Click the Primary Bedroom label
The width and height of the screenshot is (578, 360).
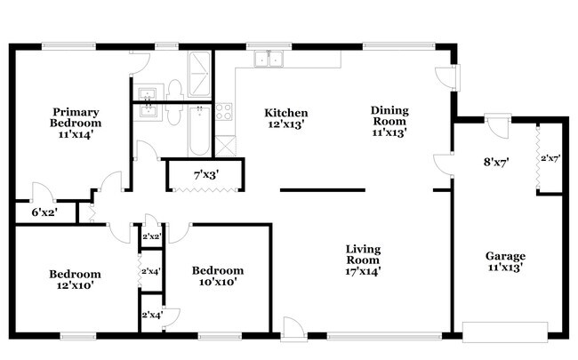pos(76,123)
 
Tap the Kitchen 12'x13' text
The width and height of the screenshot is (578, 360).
pos(286,118)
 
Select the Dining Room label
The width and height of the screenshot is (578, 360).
pos(389,121)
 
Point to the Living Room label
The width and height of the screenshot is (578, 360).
pos(363,260)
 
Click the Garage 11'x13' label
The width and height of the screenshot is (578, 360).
pos(505,261)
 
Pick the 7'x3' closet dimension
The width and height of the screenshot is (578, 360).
pos(206,174)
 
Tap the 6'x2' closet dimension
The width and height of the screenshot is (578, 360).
pos(44,212)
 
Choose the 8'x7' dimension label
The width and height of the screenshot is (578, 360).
pos(496,162)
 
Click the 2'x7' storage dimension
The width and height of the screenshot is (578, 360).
pos(550,158)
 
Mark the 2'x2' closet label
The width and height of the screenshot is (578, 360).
pos(152,236)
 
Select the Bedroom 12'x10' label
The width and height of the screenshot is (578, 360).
pos(75,280)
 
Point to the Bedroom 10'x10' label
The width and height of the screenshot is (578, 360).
pos(218,276)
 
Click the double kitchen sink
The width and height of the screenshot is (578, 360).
pos(269,59)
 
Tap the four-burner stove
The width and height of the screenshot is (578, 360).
pos(224,112)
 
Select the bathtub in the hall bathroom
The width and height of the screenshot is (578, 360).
pos(199,131)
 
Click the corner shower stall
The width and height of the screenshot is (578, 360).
pos(199,74)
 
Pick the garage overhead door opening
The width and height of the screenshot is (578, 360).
pos(505,332)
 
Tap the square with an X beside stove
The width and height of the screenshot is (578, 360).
pos(225,146)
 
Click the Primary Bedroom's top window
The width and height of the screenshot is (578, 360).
pos(68,46)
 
